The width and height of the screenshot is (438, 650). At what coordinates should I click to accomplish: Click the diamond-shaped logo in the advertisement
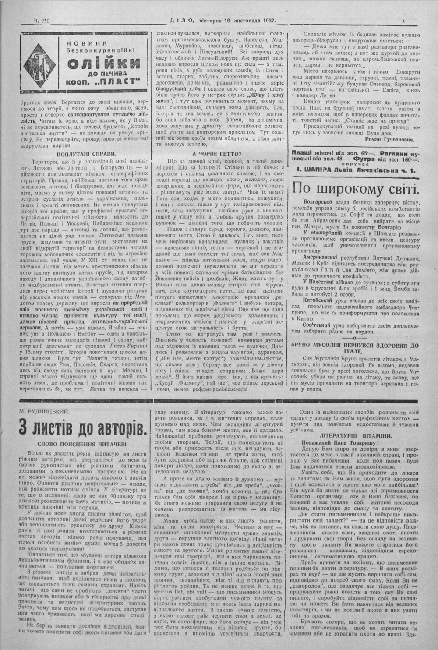pos(41,62)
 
